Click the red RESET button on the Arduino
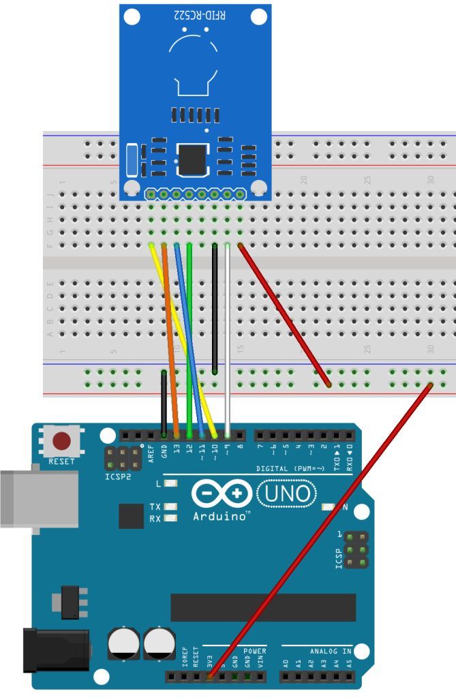(x=61, y=441)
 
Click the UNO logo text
(x=286, y=494)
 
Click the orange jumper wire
(x=170, y=341)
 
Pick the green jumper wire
(x=190, y=334)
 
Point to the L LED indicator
(x=170, y=484)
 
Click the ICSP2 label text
(x=117, y=476)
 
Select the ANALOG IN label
(x=330, y=651)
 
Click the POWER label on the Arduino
(x=254, y=651)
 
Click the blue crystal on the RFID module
(x=132, y=162)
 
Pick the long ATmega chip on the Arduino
(x=263, y=607)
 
